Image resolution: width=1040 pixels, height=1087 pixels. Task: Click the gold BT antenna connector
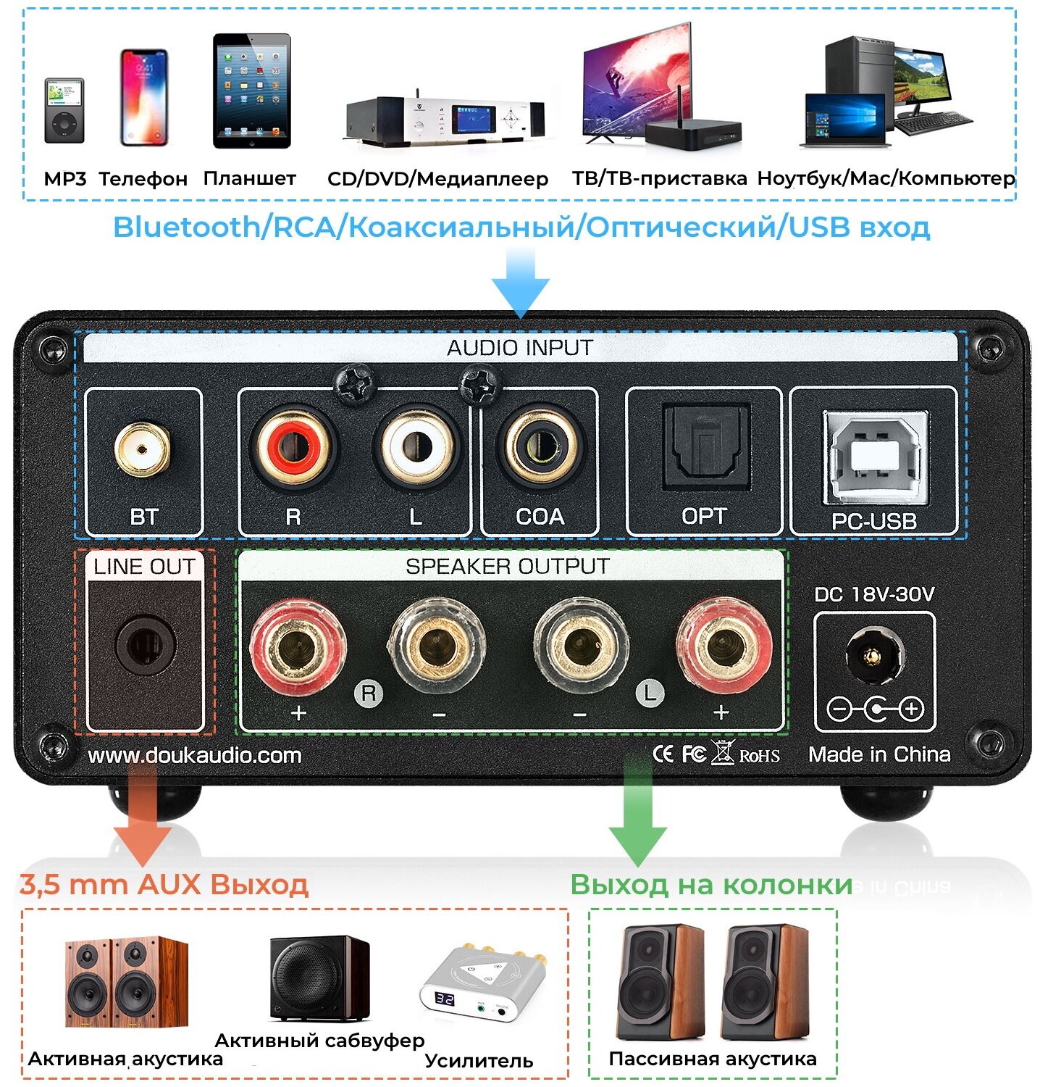(143, 450)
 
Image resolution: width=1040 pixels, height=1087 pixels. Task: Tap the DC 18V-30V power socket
(874, 657)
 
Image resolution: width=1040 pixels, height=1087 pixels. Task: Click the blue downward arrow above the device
(520, 282)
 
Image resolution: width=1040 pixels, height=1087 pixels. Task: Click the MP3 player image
(64, 110)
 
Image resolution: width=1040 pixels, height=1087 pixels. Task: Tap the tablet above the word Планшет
(251, 91)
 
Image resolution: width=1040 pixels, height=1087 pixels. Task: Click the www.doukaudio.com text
(194, 756)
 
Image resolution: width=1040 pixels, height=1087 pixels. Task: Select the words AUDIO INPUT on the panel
(520, 348)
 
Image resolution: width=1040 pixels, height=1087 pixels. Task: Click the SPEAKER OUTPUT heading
(507, 566)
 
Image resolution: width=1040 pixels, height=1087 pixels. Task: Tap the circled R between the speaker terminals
(369, 694)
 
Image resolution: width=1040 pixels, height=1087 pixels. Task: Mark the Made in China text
(879, 754)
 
